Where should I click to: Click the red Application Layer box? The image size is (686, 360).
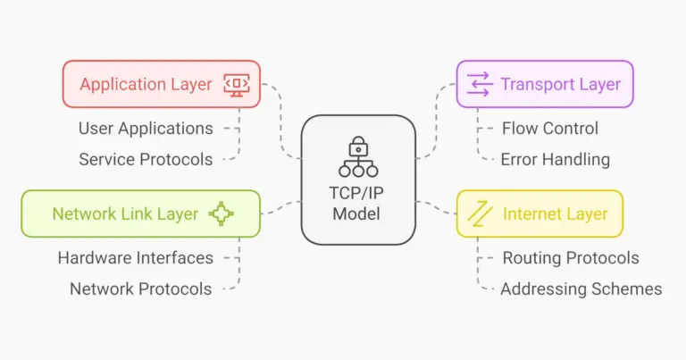161,84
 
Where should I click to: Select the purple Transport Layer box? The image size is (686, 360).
544,84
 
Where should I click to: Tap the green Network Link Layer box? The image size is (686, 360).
140,213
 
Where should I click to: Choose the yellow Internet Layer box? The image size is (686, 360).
540,213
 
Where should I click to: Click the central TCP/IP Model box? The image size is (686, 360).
358,180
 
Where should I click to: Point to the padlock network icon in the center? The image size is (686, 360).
358,155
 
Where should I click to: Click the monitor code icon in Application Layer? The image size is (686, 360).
237,84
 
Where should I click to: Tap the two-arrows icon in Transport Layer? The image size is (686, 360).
480,85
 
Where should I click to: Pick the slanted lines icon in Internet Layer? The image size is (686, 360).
481,213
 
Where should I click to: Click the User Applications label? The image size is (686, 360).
146,129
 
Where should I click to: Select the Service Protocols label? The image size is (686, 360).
146,160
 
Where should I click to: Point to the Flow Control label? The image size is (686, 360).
549,129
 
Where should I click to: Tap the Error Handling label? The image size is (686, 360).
555,160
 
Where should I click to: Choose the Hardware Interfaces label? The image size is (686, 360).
136,258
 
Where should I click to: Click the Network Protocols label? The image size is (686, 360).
141,289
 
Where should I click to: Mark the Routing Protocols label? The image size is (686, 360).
571,258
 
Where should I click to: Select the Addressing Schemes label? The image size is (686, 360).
581,289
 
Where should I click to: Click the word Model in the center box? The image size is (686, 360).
358,214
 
